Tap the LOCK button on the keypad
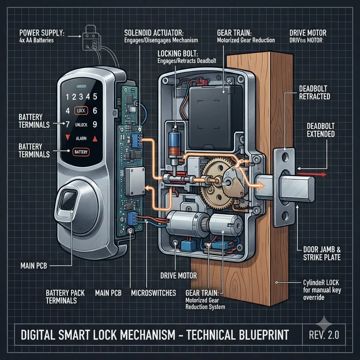81,111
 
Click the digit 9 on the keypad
95,124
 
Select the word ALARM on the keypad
81,139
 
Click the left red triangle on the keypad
67,137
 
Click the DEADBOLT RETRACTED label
315,92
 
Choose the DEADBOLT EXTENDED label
321,130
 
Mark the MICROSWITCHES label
153,293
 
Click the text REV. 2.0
324,335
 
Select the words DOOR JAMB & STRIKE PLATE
322,253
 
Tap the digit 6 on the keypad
95,111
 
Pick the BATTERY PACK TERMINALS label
65,297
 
